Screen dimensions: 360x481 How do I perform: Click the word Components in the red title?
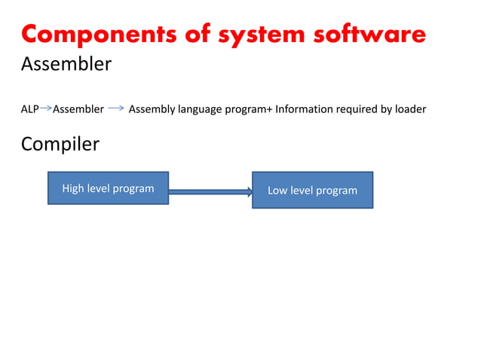pos(94,35)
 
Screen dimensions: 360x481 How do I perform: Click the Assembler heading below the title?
pos(66,65)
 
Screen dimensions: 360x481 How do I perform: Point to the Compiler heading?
pos(60,143)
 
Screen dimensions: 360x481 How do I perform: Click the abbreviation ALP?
pos(29,109)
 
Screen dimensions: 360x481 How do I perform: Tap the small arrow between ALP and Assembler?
pos(45,109)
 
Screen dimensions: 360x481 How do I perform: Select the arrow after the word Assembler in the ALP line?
pos(116,109)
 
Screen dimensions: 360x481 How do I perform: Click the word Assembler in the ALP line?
pos(78,109)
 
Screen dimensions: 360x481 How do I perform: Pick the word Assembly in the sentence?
pos(152,109)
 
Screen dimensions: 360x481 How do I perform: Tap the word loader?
pos(410,109)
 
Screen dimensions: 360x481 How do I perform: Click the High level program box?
pos(108,188)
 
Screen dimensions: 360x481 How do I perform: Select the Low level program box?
pos(312,190)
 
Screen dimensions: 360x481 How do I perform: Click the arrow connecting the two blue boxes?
pos(210,192)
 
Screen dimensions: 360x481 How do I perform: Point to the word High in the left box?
pos(73,188)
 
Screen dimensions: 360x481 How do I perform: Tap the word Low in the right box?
pos(277,190)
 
